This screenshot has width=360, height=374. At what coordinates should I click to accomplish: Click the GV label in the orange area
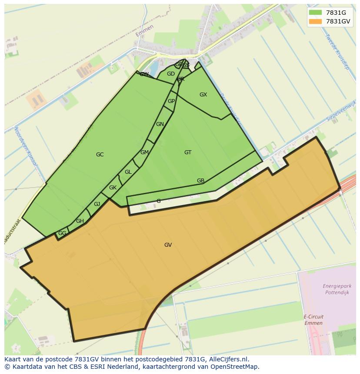click(x=168, y=245)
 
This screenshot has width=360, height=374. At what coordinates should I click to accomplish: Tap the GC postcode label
click(x=100, y=155)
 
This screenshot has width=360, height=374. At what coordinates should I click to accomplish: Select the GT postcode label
click(x=188, y=152)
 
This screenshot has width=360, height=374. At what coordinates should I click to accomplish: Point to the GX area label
click(x=203, y=95)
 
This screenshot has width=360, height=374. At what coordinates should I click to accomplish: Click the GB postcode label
click(x=200, y=181)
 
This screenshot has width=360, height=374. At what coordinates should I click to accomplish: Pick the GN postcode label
click(x=160, y=124)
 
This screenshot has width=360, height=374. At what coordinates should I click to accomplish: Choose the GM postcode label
click(x=144, y=152)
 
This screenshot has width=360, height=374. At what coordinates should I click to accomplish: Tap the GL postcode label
click(x=128, y=172)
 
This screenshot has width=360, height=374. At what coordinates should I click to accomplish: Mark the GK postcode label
click(x=113, y=188)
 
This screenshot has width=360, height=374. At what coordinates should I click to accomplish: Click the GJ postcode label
click(x=97, y=204)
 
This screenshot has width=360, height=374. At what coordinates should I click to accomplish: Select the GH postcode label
click(x=80, y=221)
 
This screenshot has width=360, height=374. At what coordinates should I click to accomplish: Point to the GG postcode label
click(x=62, y=233)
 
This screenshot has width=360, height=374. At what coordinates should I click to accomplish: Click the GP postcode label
click(x=171, y=101)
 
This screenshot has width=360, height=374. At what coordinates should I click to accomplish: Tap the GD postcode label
click(x=170, y=74)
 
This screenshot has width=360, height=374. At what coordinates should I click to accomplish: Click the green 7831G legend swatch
click(x=315, y=12)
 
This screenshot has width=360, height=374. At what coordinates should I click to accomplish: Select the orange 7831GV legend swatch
click(x=315, y=21)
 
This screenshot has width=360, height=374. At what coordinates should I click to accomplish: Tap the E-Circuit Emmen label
click(x=313, y=320)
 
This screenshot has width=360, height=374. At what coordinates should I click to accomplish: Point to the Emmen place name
click(x=144, y=31)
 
